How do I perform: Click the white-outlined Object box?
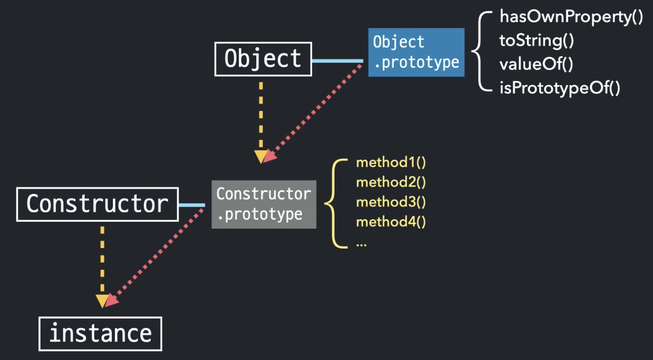pos(263,58)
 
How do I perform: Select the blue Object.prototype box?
pos(416,52)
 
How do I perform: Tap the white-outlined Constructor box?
pos(97,204)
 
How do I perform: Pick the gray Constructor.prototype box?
pos(264,204)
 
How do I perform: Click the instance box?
pos(100,333)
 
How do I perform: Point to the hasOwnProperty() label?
pos(571,17)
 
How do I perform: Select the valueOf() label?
pos(536,65)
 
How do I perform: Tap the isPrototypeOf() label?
pos(559,88)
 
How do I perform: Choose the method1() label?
pos(391,162)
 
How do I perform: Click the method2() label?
pos(391,182)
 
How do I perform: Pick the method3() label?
pos(391,202)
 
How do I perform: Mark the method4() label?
pos(391,222)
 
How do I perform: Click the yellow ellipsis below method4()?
pos(361,244)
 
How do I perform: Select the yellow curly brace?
pos(336,203)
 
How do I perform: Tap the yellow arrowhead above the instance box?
pos(102,301)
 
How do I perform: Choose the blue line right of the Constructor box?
pos(192,205)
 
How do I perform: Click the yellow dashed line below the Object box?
pos(261,116)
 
